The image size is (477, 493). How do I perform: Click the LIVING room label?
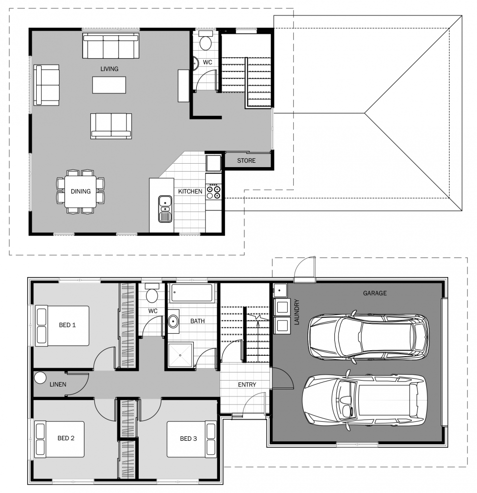109,69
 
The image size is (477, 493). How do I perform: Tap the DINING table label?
80,191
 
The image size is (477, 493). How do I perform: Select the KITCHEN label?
190,191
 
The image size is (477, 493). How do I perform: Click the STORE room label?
246,161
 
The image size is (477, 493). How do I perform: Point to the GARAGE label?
375,293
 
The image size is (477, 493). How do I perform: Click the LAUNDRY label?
297,312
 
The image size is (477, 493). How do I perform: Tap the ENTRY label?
247,385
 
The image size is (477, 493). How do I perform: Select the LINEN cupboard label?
58,384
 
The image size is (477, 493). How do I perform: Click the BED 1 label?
67,325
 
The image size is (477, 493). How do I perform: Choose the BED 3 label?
188,438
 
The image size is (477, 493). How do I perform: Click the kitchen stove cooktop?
214,192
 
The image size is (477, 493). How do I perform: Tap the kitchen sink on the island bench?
165,209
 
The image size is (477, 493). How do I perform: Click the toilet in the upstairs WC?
206,41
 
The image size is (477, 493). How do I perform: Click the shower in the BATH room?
180,355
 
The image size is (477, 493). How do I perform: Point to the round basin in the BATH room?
173,321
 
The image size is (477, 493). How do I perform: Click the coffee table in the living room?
109,85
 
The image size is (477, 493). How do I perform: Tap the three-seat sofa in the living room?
111,46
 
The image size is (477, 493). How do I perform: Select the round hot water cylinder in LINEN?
40,378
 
